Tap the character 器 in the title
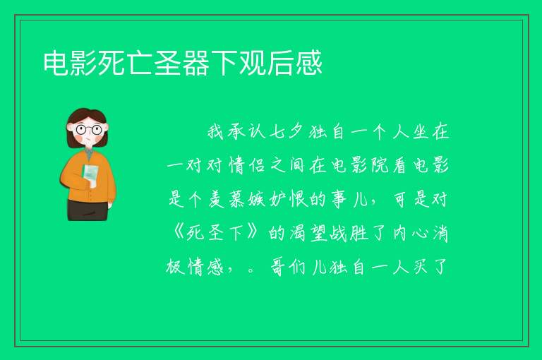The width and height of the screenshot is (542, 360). [196, 63]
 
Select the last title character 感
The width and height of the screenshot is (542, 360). [308, 63]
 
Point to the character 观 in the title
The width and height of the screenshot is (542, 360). [253, 63]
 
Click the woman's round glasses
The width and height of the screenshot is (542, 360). [89, 130]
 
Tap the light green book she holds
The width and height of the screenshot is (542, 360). [90, 175]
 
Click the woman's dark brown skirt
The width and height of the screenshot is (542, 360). [88, 210]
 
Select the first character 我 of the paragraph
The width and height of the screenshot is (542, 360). [216, 132]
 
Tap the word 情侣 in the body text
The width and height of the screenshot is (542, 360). [247, 166]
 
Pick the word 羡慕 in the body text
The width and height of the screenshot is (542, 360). [227, 200]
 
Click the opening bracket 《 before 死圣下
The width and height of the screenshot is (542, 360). [179, 233]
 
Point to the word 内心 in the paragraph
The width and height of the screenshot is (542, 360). [410, 233]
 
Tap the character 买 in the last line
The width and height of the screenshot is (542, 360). [420, 267]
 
